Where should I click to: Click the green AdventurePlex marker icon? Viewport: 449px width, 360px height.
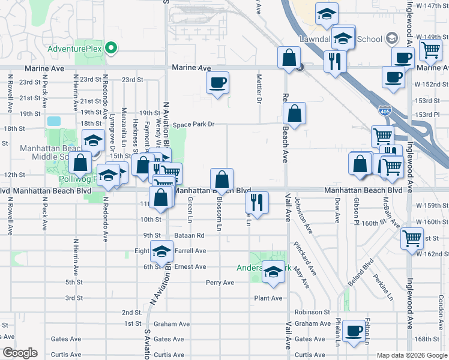(x=110, y=48)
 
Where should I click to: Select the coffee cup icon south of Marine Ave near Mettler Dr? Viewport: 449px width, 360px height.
(x=217, y=82)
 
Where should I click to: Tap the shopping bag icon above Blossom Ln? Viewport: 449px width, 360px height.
(x=221, y=179)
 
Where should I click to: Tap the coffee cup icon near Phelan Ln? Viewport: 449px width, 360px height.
(x=355, y=331)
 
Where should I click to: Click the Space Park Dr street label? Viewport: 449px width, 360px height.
(x=193, y=125)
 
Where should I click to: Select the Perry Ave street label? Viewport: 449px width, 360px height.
(x=220, y=283)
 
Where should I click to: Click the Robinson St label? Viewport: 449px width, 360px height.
(x=312, y=312)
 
